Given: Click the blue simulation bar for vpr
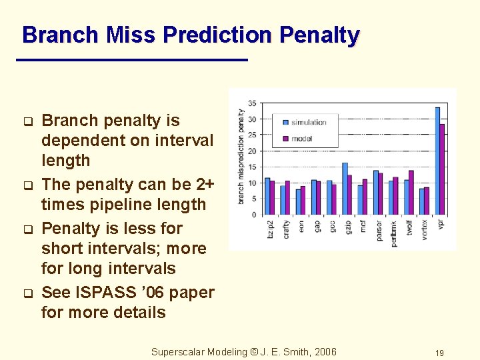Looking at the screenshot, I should point(437,161).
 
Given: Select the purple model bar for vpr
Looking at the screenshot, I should point(442,169).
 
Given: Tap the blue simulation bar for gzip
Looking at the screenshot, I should point(345,189).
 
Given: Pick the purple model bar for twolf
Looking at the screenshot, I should point(411,193).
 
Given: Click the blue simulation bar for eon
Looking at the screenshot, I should point(298,202).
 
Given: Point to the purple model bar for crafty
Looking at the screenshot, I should point(288,197).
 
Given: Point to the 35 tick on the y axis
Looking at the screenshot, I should point(252,103).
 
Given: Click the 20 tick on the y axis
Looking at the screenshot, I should point(252,151).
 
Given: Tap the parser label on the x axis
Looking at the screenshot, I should point(379,231).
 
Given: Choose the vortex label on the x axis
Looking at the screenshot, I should point(425,230).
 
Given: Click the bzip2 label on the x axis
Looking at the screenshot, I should point(271,230).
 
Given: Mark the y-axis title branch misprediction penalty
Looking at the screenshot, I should point(241,156).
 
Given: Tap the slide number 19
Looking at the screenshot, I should point(439,353).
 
